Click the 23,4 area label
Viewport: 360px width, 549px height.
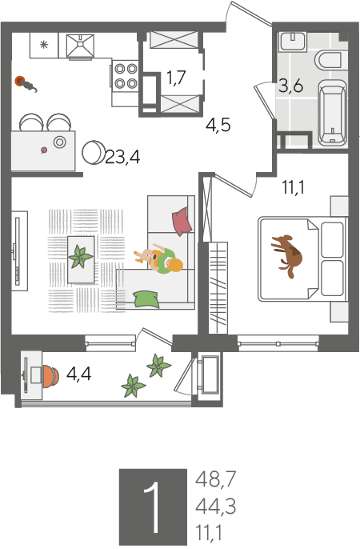(x=122, y=158)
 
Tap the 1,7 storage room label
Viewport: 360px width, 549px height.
(x=176, y=78)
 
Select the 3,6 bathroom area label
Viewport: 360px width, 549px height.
(x=290, y=86)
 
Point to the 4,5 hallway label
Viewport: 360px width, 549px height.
(x=218, y=125)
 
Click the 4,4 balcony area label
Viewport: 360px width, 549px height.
(x=78, y=374)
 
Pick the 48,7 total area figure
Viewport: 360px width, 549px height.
(x=216, y=479)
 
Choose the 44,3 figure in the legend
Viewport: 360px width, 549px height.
(x=215, y=507)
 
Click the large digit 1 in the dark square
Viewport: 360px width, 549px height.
(x=154, y=507)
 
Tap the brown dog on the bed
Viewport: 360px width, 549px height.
(x=287, y=255)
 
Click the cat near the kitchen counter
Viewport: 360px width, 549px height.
(x=26, y=83)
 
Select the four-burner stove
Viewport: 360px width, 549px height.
(x=126, y=76)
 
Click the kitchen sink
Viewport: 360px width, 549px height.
(x=81, y=46)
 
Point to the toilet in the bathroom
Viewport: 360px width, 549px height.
(x=328, y=60)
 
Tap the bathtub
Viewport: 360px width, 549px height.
(x=333, y=112)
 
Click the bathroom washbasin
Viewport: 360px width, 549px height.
(x=293, y=42)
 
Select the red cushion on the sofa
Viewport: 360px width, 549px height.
(x=182, y=221)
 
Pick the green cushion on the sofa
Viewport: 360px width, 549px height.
(x=146, y=299)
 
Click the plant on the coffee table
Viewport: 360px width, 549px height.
(x=81, y=258)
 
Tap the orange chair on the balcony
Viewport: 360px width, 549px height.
(x=50, y=376)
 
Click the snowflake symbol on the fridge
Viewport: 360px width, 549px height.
(x=44, y=45)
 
